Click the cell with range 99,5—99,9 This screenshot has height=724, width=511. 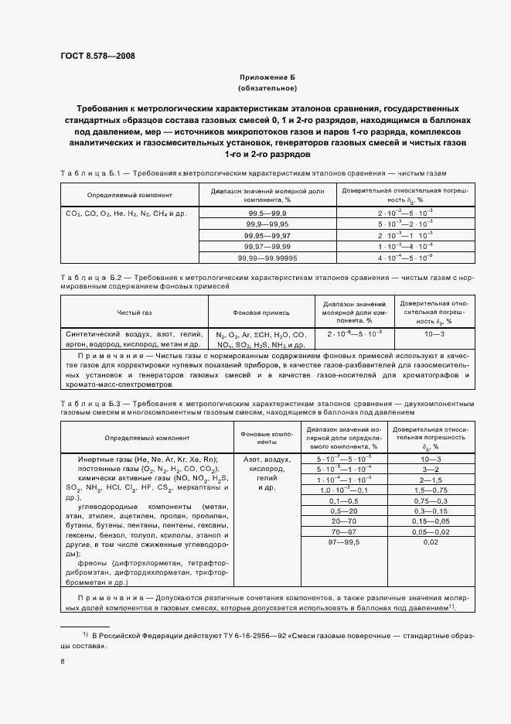point(267,212)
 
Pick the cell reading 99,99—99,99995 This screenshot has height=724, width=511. point(268,256)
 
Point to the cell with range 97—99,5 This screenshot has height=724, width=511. point(343,544)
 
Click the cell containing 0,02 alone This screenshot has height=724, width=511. point(431,544)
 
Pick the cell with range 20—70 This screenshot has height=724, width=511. point(343,522)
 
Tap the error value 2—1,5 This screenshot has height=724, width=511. point(431,480)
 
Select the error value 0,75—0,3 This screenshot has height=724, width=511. point(431,500)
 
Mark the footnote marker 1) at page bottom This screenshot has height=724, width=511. point(86,634)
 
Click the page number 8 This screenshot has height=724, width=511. point(62,661)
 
